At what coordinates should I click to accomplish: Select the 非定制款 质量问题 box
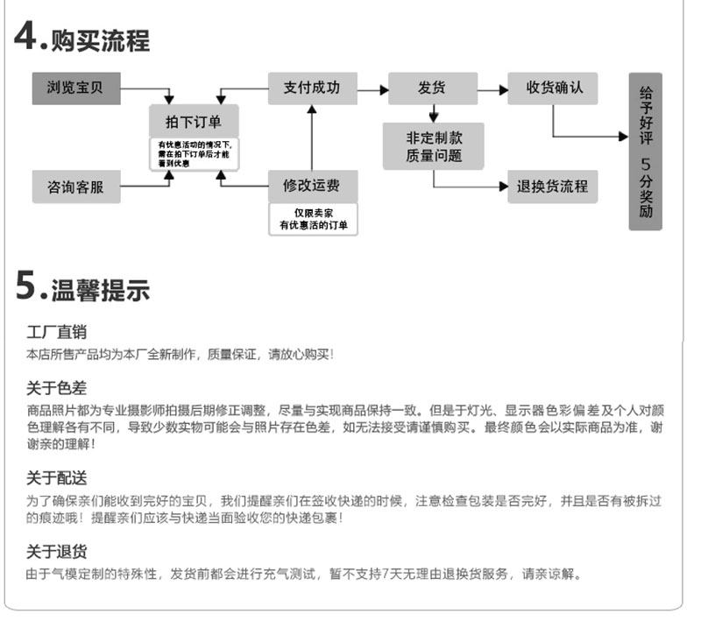(x=433, y=146)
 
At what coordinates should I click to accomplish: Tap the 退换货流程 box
(x=552, y=187)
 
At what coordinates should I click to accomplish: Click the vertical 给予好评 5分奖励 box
(x=646, y=152)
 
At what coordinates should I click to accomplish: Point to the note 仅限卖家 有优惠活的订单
(x=313, y=219)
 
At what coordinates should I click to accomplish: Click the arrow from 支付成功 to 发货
(x=372, y=89)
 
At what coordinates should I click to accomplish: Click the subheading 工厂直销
(x=56, y=332)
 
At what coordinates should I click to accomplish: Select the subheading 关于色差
(x=56, y=388)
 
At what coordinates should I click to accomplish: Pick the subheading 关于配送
(x=56, y=477)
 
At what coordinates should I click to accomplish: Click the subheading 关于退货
(x=56, y=552)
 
